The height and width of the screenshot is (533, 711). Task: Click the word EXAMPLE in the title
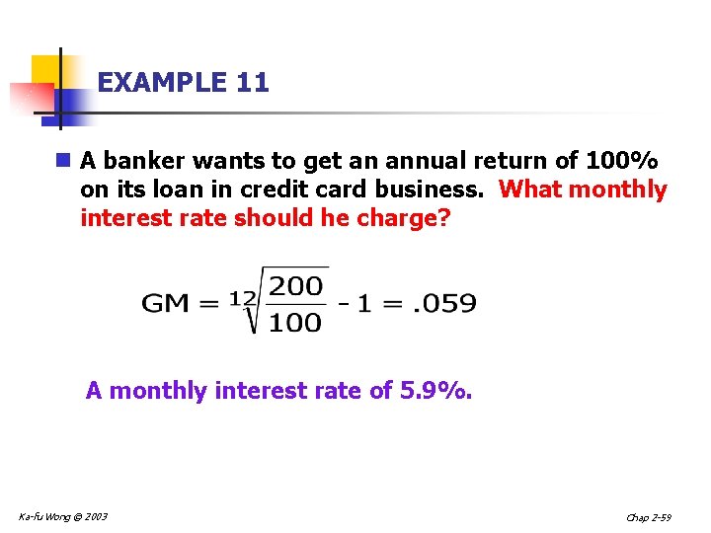(163, 83)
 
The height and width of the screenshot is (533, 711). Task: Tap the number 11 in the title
(253, 83)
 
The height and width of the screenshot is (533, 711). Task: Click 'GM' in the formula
(166, 303)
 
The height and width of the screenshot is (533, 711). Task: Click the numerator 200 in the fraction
(296, 286)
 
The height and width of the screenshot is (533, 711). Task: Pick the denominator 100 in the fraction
(296, 322)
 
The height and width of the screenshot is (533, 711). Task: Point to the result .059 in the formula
(446, 303)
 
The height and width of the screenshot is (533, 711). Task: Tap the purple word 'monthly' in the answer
(158, 391)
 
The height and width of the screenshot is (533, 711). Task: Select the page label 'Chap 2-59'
(648, 517)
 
